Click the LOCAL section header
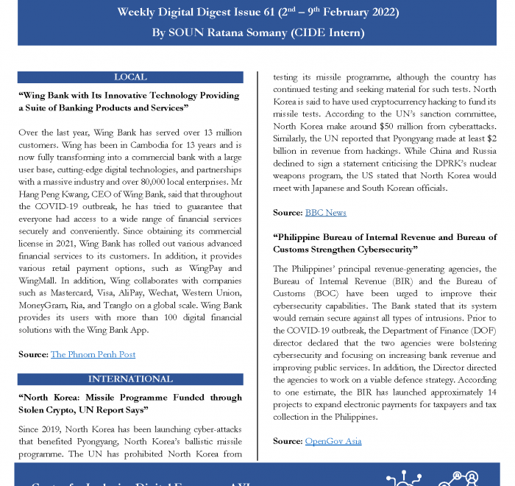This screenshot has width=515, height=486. coord(130,77)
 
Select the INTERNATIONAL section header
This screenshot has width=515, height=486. coord(130,379)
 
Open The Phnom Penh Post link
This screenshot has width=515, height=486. coord(93,354)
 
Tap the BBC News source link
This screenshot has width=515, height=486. coord(326,213)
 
